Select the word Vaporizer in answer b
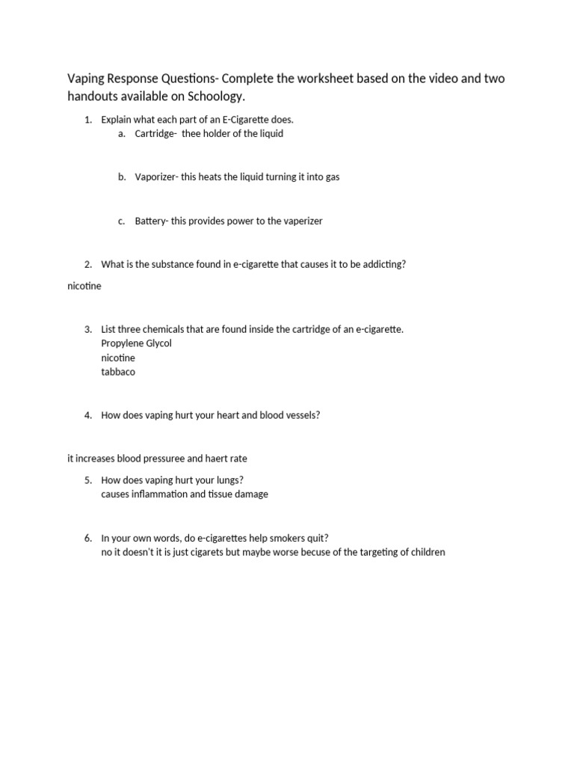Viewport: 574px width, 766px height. click(x=155, y=177)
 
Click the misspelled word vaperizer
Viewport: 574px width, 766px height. click(x=300, y=221)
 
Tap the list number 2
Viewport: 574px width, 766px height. click(x=87, y=264)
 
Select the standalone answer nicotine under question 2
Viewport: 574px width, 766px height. click(x=84, y=286)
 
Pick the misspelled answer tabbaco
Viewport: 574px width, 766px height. click(x=118, y=372)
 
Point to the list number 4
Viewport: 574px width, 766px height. click(x=87, y=415)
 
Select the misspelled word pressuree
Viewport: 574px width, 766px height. click(x=180, y=459)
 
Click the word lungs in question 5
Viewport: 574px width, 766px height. click(x=226, y=479)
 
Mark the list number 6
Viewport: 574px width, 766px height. click(x=87, y=538)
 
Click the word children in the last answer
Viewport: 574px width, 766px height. click(x=428, y=552)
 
